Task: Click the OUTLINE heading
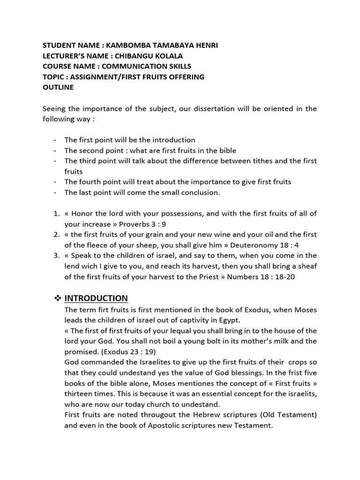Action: pyautogui.click(x=58, y=87)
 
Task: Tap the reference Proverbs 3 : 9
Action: pyautogui.click(x=150, y=224)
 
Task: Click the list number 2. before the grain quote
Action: pyautogui.click(x=56, y=234)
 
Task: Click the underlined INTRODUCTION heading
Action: pyautogui.click(x=96, y=298)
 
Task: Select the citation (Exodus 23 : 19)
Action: pyautogui.click(x=131, y=352)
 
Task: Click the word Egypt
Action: pyautogui.click(x=228, y=320)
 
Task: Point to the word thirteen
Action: pyautogui.click(x=80, y=394)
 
